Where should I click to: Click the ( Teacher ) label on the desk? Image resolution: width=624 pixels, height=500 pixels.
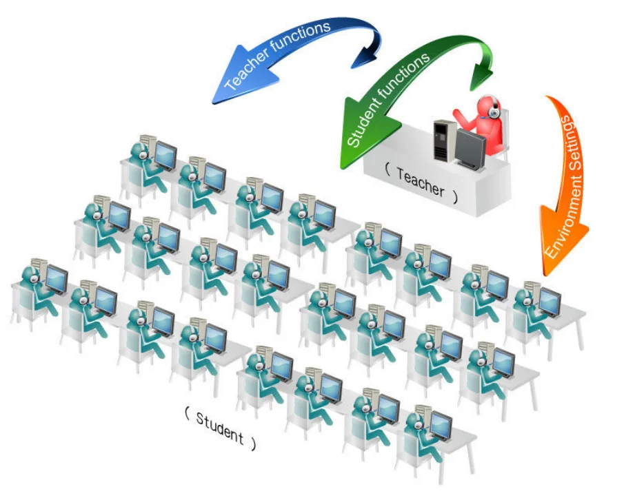click(x=421, y=181)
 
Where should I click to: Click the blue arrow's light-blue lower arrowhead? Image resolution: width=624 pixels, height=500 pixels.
click(x=228, y=87)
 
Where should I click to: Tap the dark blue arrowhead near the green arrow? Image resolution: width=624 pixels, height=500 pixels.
click(x=365, y=58)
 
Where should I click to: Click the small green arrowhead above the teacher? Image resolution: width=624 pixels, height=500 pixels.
click(x=480, y=76)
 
